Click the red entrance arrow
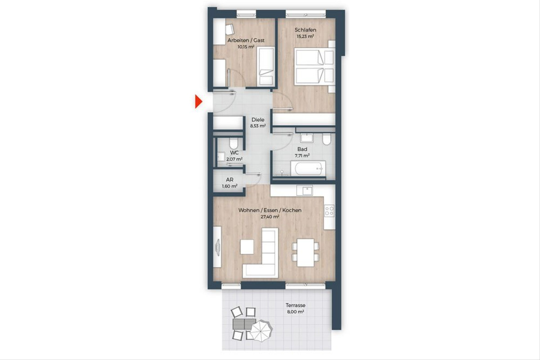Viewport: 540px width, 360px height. click(x=198, y=102)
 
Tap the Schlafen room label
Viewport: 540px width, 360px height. click(x=305, y=30)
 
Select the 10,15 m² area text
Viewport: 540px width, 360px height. click(x=246, y=47)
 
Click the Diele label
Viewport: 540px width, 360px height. click(x=258, y=120)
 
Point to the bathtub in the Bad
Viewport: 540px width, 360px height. click(x=308, y=169)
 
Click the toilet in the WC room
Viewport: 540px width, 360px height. click(x=234, y=143)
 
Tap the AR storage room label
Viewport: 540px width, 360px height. click(x=229, y=180)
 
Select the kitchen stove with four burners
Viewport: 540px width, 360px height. click(x=329, y=210)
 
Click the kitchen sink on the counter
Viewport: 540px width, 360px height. click(x=305, y=190)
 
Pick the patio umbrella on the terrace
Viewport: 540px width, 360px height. click(x=261, y=330)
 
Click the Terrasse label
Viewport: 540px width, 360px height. click(x=295, y=305)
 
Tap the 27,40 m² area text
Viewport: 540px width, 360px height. click(x=270, y=217)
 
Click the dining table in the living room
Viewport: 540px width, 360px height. click(x=306, y=253)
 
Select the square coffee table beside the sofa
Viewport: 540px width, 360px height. click(x=247, y=247)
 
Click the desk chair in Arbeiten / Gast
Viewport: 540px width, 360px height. click(x=61, y=29)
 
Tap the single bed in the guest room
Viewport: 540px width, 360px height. click(x=265, y=67)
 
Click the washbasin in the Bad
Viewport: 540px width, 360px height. click(x=306, y=138)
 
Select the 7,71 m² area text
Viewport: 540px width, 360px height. click(x=302, y=156)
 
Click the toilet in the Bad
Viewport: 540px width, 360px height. click(x=327, y=139)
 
